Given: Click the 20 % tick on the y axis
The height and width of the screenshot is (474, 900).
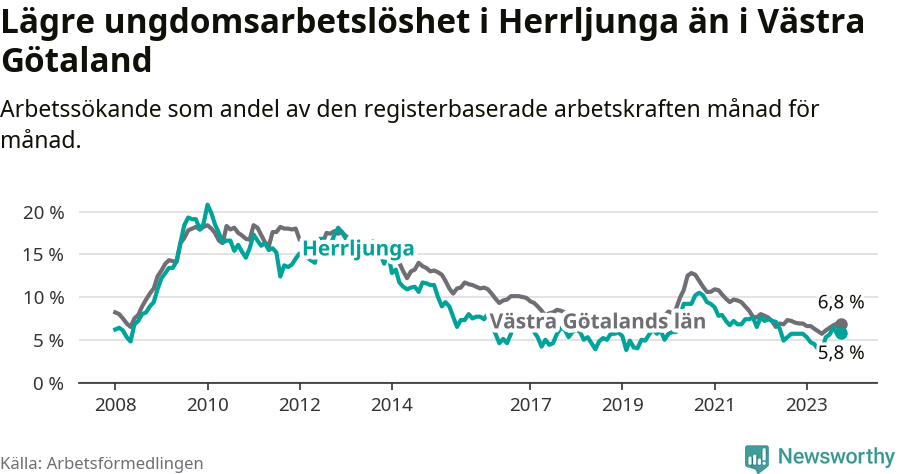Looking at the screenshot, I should (42, 212).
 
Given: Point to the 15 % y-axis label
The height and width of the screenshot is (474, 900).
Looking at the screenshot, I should (42, 255).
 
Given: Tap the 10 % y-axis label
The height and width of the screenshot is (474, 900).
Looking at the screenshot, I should (42, 298).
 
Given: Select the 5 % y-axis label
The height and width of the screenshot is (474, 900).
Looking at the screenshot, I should (47, 341).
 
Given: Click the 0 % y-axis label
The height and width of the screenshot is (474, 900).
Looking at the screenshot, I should (47, 384).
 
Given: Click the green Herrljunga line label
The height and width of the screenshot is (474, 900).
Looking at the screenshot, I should (358, 249).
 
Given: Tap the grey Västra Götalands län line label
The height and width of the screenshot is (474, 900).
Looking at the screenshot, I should (598, 322).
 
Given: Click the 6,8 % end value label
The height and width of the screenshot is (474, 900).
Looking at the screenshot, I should (840, 302).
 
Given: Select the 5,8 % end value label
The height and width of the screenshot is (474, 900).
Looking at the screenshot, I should (840, 352).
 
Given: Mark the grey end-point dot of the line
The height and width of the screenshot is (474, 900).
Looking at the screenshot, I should (841, 325).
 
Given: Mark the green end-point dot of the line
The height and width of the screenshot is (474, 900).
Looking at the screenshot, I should (841, 333).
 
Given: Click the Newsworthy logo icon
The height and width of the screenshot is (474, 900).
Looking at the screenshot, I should (757, 458).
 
